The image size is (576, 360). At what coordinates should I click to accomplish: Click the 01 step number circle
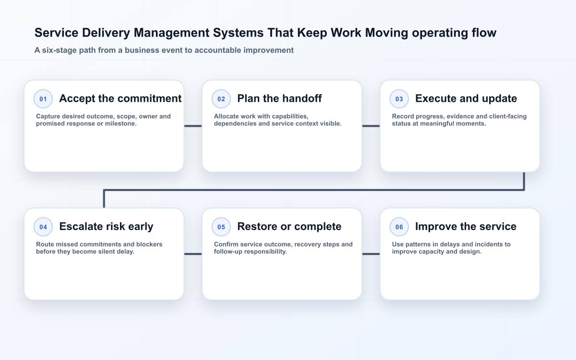tap(43, 99)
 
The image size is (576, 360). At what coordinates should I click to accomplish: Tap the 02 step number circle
tap(221, 99)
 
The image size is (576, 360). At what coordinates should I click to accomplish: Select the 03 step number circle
tap(399, 99)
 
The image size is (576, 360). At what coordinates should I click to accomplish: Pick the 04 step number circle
tap(43, 227)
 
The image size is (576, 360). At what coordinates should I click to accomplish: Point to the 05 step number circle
tap(221, 227)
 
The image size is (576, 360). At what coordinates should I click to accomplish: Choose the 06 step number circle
tap(399, 227)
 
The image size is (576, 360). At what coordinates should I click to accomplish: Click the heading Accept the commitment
tap(120, 98)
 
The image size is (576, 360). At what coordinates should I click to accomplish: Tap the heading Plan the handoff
tap(279, 98)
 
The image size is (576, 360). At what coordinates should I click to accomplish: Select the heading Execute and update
tap(466, 98)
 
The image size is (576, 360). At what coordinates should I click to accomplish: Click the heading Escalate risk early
tap(106, 227)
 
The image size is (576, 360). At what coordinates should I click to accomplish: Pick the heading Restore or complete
tap(289, 227)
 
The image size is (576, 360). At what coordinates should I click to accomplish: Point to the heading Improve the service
tap(466, 227)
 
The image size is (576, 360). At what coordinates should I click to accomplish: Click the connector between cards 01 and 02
tap(193, 126)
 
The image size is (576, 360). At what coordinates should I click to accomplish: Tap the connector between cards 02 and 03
tap(371, 126)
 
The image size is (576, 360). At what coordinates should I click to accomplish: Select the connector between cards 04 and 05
tap(193, 254)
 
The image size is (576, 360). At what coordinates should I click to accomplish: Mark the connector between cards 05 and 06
tap(371, 254)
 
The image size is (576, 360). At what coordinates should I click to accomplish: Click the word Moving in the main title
tap(386, 33)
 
